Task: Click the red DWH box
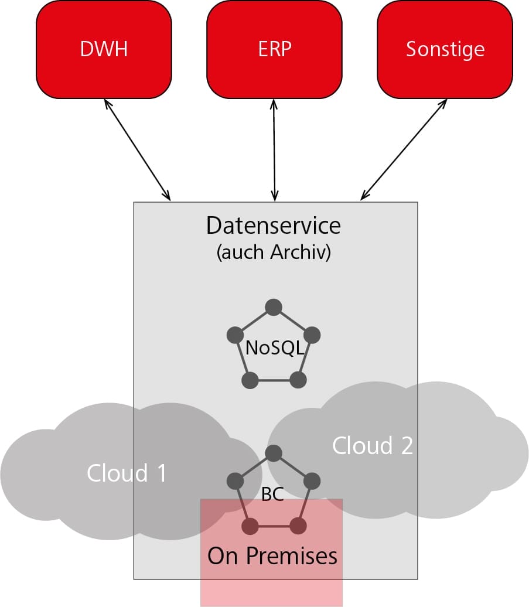click(104, 49)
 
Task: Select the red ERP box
click(274, 49)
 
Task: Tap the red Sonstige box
click(445, 49)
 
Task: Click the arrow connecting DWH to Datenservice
click(137, 149)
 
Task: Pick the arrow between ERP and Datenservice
click(274, 149)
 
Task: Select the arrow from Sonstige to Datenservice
click(404, 149)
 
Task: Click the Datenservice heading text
click(274, 225)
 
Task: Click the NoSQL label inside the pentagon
click(274, 348)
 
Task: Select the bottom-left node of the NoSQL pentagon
click(250, 380)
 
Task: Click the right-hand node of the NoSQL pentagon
click(312, 335)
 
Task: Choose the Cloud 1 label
click(127, 472)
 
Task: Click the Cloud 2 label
click(373, 445)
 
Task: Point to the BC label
click(272, 495)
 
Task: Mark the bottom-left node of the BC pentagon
click(250, 526)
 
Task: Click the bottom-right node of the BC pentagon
click(298, 526)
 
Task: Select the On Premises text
click(272, 555)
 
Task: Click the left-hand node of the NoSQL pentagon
click(236, 335)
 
